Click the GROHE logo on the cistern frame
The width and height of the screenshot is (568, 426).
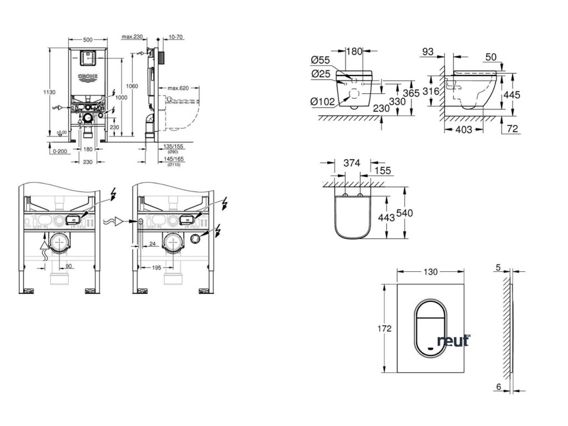[88, 77]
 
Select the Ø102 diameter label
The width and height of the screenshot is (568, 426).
[322, 101]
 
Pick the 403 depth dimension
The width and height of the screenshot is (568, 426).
[464, 130]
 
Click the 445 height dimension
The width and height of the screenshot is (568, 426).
[512, 95]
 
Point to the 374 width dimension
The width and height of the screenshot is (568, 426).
[352, 163]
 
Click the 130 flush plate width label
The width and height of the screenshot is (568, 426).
[430, 272]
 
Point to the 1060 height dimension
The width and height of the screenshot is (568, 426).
[132, 86]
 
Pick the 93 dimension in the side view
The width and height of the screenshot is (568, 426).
[427, 52]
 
